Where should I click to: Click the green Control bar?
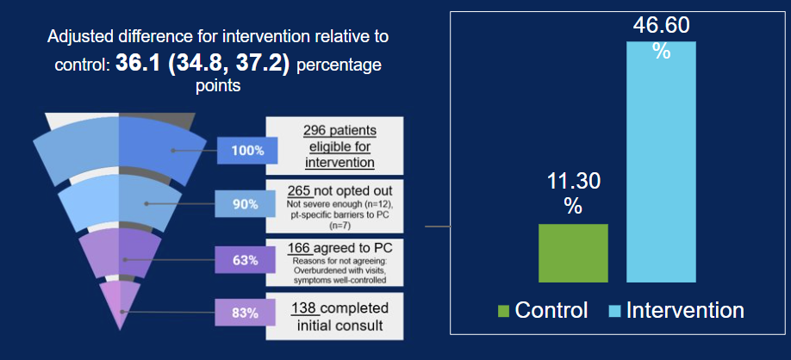tap(573, 252)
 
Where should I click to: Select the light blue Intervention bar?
tap(661, 162)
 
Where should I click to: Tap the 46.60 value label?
tap(661, 26)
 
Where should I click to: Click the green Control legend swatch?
tap(505, 310)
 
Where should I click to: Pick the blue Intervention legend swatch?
tap(615, 310)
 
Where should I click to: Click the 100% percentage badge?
tap(247, 151)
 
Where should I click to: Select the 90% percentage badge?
tap(247, 204)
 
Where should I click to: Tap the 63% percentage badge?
tap(247, 258)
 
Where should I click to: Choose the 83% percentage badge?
tap(247, 313)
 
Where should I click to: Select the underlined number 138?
tap(302, 307)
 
